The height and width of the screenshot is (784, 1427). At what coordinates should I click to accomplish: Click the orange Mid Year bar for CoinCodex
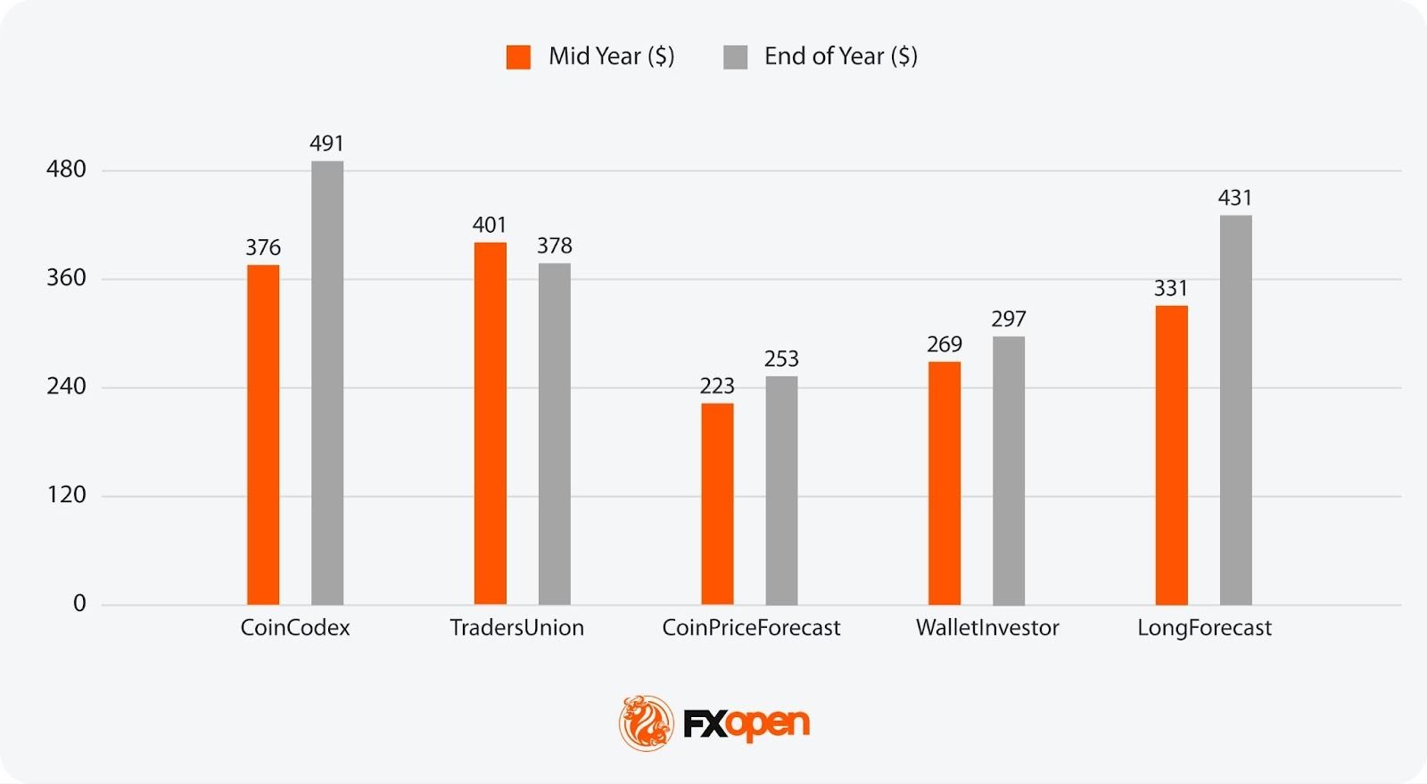(x=263, y=434)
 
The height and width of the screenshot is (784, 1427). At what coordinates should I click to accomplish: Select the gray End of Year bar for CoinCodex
(x=327, y=383)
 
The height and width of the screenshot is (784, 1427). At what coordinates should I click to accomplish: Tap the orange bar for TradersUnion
(x=491, y=423)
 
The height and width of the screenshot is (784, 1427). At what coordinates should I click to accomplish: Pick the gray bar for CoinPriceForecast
(x=781, y=490)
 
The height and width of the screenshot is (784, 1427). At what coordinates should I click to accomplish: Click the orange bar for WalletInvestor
(x=944, y=483)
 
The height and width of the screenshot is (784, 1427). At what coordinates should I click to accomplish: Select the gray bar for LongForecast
(x=1235, y=409)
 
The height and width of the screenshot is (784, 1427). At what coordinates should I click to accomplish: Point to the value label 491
(x=327, y=144)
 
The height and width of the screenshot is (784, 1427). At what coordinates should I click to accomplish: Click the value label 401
(x=490, y=225)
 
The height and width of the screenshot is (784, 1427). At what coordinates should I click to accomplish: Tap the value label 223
(x=717, y=386)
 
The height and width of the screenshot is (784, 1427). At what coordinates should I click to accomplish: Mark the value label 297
(x=1009, y=319)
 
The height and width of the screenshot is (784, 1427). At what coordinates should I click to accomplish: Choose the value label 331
(x=1171, y=289)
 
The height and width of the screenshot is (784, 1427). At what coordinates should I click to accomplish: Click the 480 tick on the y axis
(x=67, y=169)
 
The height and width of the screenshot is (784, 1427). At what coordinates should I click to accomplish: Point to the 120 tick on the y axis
(x=67, y=495)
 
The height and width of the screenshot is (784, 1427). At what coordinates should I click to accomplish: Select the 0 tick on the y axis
(x=79, y=604)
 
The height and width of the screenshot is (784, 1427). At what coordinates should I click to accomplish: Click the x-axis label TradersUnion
(x=517, y=628)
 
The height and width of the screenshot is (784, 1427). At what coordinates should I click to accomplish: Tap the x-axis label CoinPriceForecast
(x=751, y=628)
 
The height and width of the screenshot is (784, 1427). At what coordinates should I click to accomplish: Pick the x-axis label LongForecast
(x=1204, y=628)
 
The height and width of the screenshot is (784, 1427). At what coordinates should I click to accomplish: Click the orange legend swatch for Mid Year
(x=518, y=57)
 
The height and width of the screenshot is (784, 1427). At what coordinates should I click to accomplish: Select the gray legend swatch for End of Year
(x=735, y=57)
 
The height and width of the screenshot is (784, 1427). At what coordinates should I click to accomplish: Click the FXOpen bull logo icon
(x=647, y=722)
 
